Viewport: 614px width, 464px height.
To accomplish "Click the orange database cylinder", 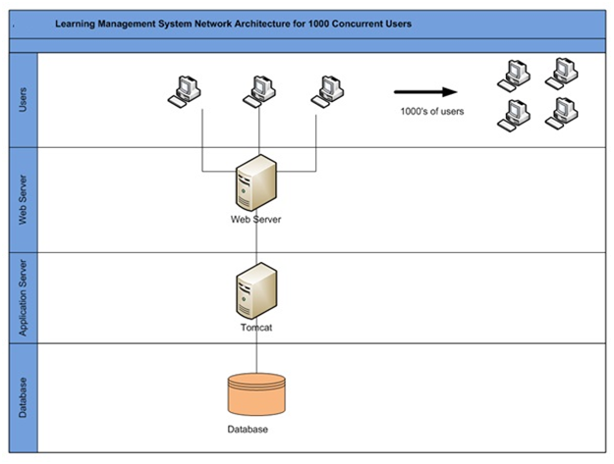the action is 256,394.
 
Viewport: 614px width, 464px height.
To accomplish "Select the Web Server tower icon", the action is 256,182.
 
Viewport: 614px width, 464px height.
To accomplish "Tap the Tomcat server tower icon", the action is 256,290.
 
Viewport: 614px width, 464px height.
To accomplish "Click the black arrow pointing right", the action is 425,92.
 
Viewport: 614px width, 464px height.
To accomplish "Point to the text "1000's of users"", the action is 432,112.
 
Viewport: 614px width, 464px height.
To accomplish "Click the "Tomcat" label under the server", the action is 256,328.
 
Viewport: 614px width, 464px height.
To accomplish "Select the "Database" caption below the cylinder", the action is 248,430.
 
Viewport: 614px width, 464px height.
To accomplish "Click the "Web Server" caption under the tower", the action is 255,220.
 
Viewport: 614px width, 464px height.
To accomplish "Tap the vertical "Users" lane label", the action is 24,100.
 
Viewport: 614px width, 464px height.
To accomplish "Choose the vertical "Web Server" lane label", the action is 24,200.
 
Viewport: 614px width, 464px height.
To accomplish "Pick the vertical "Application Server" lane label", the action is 24,298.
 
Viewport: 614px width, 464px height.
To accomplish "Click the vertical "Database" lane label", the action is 24,397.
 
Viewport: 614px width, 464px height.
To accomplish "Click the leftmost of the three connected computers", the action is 185,92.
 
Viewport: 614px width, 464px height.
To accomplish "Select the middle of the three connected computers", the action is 259,92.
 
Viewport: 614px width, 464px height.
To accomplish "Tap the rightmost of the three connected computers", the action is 328,92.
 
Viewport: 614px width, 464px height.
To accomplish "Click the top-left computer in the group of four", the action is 514,77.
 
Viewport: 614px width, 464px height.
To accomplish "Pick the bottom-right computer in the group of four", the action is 562,114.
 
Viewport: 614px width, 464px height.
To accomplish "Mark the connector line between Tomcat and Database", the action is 256,352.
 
